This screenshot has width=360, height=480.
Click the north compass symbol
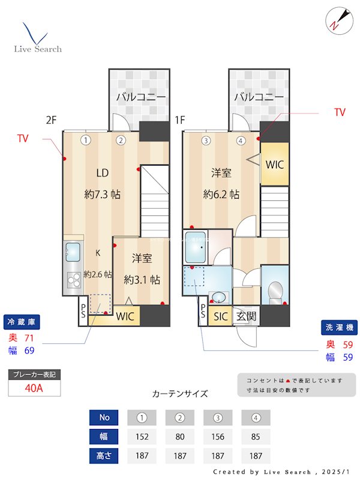[335, 20]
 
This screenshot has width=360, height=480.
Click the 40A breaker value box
[34, 388]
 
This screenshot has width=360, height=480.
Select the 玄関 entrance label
[246, 316]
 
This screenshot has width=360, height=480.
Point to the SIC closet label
[221, 316]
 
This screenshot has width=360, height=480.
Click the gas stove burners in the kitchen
[74, 280]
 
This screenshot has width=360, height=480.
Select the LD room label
[103, 173]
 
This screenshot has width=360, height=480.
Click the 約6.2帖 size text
[221, 194]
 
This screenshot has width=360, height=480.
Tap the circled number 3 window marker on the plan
[206, 141]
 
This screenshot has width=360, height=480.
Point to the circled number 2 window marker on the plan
[121, 141]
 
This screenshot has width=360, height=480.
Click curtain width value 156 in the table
[217, 436]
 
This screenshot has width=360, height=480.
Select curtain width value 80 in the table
[179, 436]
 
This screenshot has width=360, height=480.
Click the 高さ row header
[104, 455]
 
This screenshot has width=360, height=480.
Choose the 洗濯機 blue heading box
[340, 328]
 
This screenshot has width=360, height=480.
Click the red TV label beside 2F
[23, 139]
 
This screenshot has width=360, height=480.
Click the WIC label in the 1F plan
[274, 164]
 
